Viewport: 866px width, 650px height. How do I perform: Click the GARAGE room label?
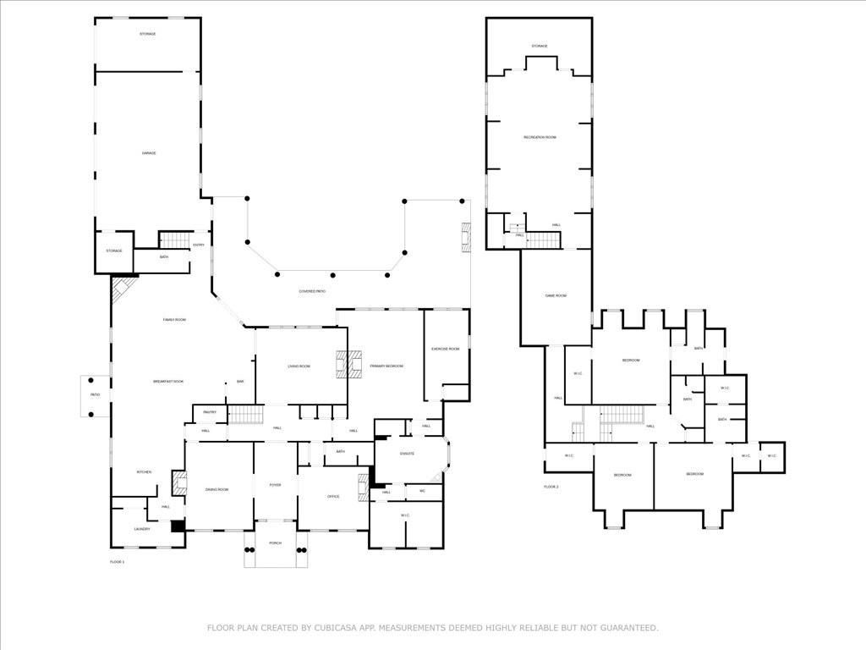coord(149,153)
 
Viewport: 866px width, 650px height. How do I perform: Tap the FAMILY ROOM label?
coord(174,319)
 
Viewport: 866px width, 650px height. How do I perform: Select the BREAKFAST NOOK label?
coord(168,382)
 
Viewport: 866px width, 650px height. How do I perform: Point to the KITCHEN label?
coord(145,471)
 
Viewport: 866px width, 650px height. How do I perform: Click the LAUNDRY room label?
coord(142,529)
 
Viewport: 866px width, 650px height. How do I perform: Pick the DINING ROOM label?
coord(217,489)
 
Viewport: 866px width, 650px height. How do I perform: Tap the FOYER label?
coord(275,485)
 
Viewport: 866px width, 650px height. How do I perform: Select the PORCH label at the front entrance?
coord(275,543)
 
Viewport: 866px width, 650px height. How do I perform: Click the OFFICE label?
coord(333,496)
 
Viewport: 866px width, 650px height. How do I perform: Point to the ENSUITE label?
coord(406,454)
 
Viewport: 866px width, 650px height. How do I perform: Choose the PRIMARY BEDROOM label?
coord(386,366)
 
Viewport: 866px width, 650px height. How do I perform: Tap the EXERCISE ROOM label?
coord(445,349)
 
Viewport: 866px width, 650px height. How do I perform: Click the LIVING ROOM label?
coord(299,366)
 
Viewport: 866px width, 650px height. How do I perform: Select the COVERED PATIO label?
coord(312,291)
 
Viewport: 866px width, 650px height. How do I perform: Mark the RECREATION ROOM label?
coord(540,137)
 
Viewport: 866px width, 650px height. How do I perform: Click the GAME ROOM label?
coord(556,295)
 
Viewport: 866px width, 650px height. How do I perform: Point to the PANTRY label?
coord(210,412)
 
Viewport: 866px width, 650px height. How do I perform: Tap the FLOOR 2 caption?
coord(551,487)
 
